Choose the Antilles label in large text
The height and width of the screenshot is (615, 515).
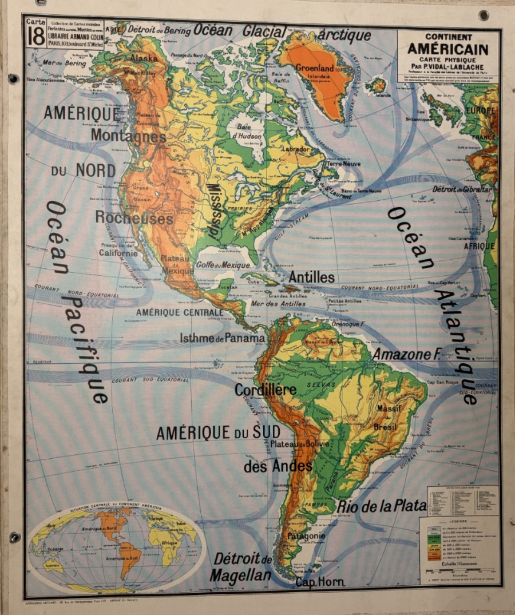tap(311, 277)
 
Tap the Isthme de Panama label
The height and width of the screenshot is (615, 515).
tap(222, 338)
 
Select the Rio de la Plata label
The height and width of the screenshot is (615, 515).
tap(381, 506)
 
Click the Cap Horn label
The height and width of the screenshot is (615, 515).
tap(320, 582)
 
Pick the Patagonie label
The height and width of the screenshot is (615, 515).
tap(306, 536)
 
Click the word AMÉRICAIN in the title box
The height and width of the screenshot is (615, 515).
tap(448, 49)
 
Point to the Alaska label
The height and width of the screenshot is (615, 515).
tap(144, 58)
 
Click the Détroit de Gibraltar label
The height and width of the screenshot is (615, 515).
tap(462, 189)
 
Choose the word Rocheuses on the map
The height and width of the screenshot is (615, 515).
tap(133, 219)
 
